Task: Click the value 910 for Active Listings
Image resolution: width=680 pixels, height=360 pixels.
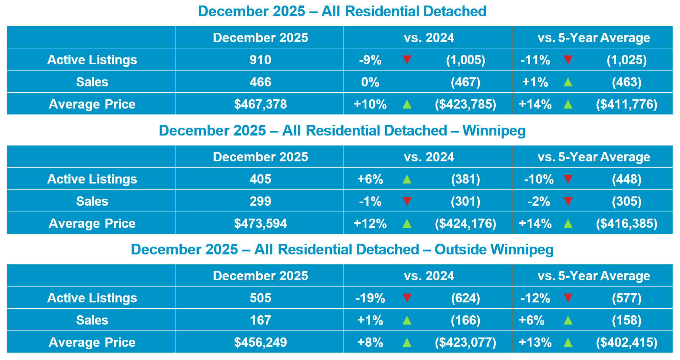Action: point(260,60)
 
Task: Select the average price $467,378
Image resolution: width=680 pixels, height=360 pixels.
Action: point(260,104)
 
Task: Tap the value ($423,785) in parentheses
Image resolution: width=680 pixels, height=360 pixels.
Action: point(465,104)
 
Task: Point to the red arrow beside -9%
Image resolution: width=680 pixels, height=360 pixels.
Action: point(407,59)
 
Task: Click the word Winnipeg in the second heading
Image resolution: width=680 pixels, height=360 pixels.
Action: point(494,131)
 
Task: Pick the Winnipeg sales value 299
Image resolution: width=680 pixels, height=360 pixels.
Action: point(260,201)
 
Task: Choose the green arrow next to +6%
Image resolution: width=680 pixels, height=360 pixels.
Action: point(407,179)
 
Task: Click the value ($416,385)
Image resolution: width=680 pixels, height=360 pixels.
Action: point(626,223)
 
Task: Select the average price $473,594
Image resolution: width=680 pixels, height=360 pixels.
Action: point(260,223)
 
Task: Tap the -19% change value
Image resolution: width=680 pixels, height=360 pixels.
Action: point(370,298)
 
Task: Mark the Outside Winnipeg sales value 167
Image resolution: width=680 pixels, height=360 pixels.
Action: point(260,320)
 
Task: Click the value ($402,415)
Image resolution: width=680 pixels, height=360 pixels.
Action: point(626,342)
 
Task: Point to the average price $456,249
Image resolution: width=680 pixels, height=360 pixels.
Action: point(260,342)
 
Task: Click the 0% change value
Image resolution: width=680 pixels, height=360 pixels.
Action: point(370,82)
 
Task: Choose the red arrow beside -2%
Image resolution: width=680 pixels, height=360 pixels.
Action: point(568,201)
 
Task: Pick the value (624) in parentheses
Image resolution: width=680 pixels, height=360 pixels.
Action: point(465,298)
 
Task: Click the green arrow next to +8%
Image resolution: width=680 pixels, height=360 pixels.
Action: point(407,343)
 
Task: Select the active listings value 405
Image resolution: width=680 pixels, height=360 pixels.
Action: point(260,179)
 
